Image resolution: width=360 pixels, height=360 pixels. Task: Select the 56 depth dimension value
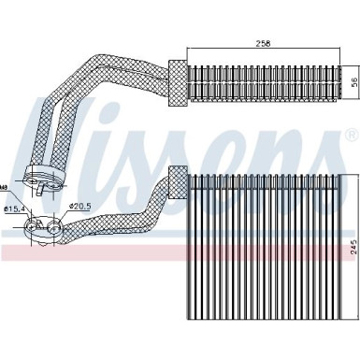tap(353, 81)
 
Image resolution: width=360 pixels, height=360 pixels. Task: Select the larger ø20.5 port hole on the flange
tap(58, 224)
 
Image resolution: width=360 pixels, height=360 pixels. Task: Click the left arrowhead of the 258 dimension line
tap(189, 49)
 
